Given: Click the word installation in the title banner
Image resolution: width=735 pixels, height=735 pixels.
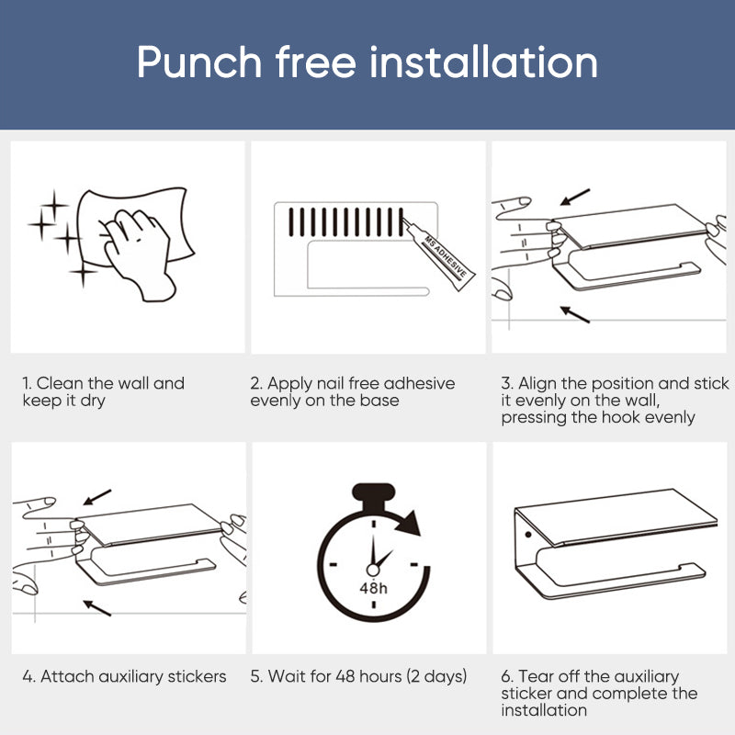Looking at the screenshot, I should pos(484,62).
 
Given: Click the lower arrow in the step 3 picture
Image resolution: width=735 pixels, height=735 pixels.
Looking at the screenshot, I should pos(575,314).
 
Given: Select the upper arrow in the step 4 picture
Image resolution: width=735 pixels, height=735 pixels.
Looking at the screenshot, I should pos(96,496).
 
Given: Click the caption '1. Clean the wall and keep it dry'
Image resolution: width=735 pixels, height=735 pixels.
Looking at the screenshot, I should pos(103,391).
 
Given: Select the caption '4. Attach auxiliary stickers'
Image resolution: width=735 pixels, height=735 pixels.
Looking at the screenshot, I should pos(124,677).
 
